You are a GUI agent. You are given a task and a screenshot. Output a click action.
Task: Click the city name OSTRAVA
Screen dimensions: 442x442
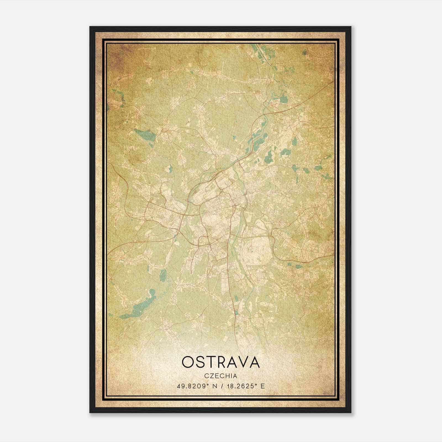(221, 362)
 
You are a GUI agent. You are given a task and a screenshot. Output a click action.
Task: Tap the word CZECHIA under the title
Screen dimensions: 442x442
(221, 376)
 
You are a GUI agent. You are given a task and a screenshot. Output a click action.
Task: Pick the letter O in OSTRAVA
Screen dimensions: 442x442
(188, 362)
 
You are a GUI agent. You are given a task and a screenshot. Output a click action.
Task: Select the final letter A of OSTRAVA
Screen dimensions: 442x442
(254, 362)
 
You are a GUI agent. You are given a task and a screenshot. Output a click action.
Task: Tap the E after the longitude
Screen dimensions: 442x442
(263, 386)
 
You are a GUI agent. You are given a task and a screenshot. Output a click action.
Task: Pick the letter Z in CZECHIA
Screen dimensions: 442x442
(211, 376)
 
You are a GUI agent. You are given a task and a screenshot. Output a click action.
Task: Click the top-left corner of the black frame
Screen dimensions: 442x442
(90, 27)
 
